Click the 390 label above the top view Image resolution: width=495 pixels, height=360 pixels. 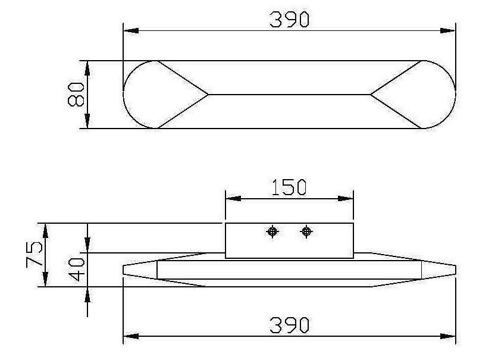[x=289, y=20]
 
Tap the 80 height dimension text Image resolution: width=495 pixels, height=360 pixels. [x=76, y=94]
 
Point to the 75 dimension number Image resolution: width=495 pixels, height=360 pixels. [x=35, y=254]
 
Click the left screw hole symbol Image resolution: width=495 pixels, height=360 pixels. [x=272, y=231]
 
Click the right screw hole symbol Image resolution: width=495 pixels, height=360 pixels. [x=306, y=231]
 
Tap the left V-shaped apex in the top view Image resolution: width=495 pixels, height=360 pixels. [x=208, y=94]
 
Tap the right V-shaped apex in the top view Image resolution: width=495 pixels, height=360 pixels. [x=371, y=94]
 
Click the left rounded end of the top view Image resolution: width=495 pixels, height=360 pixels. [x=134, y=94]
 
